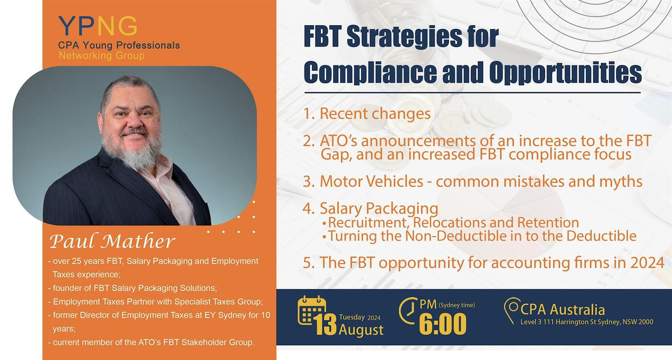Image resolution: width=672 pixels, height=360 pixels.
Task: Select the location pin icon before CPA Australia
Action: tap(511, 310)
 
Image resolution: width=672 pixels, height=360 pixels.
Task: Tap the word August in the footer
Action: tap(361, 330)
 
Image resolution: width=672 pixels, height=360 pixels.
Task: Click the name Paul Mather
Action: tap(111, 242)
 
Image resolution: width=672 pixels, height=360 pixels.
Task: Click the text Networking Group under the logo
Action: tap(101, 55)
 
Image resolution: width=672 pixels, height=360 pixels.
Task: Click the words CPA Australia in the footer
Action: tap(562, 309)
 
